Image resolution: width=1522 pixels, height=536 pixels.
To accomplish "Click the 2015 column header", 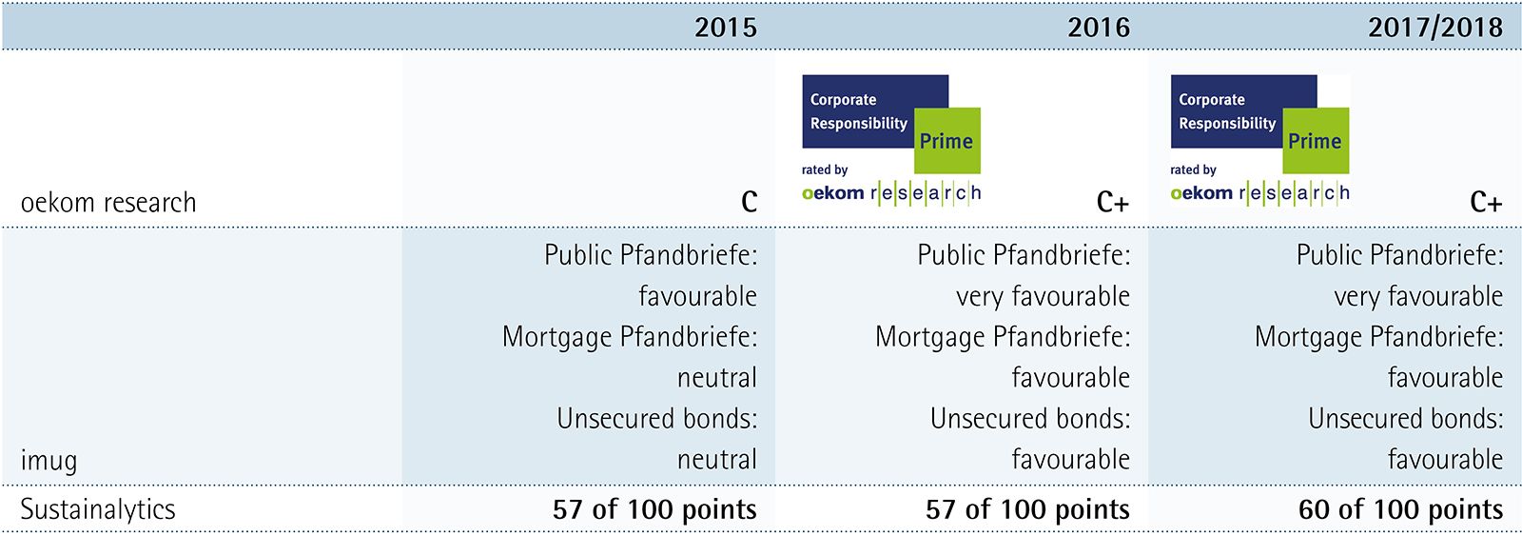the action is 726,28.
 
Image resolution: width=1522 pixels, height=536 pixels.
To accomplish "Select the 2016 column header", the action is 1099,28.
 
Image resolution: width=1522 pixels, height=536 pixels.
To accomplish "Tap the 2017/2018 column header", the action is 1435,28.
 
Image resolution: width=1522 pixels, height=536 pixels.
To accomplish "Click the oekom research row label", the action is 108,202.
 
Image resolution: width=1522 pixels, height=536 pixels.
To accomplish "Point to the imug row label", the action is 49,461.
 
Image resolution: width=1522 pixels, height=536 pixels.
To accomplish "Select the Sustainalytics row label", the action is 98,509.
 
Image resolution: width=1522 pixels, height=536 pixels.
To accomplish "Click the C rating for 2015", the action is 749,201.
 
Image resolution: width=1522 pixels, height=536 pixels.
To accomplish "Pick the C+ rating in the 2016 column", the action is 1113,201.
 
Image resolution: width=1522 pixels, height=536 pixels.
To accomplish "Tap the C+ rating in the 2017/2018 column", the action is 1486,201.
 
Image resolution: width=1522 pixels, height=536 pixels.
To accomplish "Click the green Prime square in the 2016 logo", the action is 947,140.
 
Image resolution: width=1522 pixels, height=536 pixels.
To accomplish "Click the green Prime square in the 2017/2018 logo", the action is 1316,140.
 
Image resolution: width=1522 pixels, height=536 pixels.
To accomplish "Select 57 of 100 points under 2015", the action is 654,509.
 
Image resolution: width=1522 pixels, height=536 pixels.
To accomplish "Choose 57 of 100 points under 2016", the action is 1027,509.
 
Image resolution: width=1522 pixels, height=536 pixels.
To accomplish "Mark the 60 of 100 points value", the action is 1400,509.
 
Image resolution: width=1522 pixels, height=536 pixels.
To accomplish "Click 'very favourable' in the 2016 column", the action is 1043,297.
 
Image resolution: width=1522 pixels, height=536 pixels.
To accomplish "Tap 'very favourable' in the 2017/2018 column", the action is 1418,297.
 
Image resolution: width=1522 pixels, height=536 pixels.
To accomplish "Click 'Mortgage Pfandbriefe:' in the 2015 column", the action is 630,337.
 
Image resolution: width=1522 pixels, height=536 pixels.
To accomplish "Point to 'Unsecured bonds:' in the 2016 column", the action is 1030,418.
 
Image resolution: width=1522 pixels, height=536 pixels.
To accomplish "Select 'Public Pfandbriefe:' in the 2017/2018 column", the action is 1399,255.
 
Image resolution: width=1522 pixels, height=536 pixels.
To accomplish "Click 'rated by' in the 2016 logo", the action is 824,169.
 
